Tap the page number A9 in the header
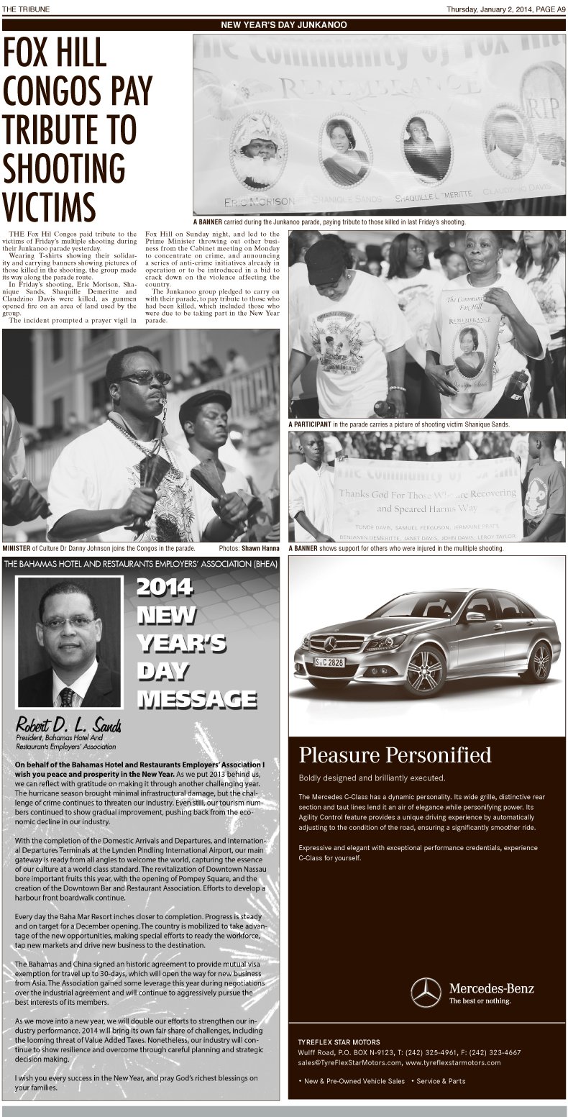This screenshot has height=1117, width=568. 558,9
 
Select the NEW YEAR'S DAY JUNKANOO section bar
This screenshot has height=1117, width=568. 283,24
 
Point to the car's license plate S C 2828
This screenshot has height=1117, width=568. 331,662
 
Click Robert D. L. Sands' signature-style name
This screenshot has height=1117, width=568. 69,724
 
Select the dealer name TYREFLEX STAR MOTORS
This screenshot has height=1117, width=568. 339,1041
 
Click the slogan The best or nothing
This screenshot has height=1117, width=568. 480,1000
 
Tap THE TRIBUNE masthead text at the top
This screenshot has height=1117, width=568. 24,9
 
